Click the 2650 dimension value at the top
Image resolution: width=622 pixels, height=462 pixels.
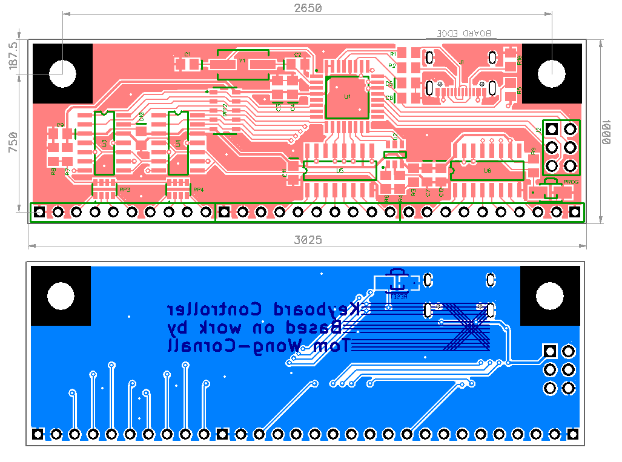pyautogui.click(x=307, y=8)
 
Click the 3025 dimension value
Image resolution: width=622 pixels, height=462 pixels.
pyautogui.click(x=307, y=240)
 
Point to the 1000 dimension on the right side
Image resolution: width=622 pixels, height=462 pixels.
pyautogui.click(x=605, y=131)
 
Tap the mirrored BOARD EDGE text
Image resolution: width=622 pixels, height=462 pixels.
pyautogui.click(x=465, y=34)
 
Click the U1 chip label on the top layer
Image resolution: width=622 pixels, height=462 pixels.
pyautogui.click(x=347, y=97)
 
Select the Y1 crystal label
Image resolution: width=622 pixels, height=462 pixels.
pyautogui.click(x=242, y=61)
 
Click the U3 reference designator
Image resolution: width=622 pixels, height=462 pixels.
pyautogui.click(x=104, y=144)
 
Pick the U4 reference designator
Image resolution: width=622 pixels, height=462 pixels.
pyautogui.click(x=178, y=144)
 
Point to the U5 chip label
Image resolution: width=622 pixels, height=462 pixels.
pyautogui.click(x=340, y=171)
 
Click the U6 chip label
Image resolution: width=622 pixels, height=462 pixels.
pyautogui.click(x=488, y=171)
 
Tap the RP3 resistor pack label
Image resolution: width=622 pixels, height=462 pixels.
pyautogui.click(x=125, y=190)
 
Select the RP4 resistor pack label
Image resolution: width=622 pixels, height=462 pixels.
pyautogui.click(x=198, y=190)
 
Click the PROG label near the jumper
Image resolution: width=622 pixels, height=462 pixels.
pyautogui.click(x=571, y=182)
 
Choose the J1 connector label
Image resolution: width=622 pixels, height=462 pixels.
pyautogui.click(x=462, y=62)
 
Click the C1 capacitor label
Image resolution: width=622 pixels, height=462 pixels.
pyautogui.click(x=187, y=54)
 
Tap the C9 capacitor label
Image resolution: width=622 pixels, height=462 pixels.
pyautogui.click(x=59, y=125)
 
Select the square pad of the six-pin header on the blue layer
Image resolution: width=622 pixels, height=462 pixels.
pyautogui.click(x=550, y=351)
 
